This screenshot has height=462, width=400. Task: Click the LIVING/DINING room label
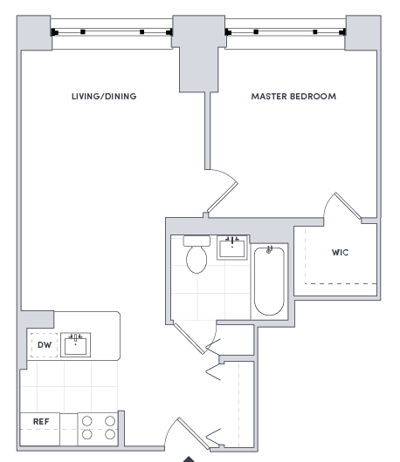coord(104,97)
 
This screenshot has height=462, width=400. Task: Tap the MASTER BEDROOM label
coord(293,97)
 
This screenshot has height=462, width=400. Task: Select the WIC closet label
coord(340,252)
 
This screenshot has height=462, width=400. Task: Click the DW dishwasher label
coord(45,344)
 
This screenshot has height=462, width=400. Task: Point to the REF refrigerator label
coord(41,422)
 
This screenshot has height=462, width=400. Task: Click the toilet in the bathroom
coord(197,254)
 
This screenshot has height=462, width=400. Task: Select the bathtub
coord(269,281)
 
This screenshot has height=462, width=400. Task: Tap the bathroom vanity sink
coord(232,248)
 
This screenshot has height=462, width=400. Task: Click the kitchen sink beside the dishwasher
coord(76,344)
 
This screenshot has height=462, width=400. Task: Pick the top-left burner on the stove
coord(87,421)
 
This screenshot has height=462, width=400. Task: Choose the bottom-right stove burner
coord(110,434)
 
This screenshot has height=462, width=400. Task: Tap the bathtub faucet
coord(269,250)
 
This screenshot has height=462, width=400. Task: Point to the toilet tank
coord(197,241)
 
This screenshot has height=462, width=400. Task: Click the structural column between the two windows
coord(198,53)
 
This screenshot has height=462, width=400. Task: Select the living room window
coord(112,32)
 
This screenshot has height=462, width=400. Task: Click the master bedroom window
coord(286,32)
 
